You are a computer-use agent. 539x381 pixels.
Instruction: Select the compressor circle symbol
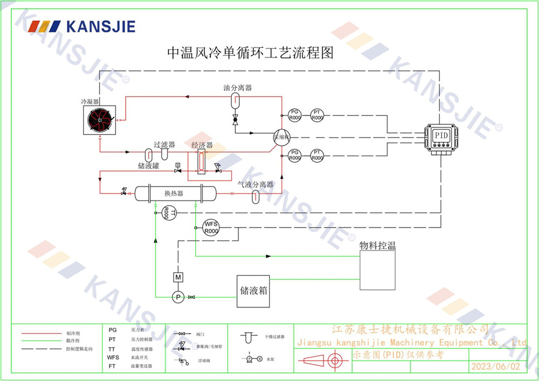click(x=281, y=137)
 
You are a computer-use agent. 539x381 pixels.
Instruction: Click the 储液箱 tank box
click(x=253, y=291)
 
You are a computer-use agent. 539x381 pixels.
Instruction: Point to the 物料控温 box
click(x=377, y=271)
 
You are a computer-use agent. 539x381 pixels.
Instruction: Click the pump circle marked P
click(x=177, y=297)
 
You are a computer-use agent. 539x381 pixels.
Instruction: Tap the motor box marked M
click(x=177, y=278)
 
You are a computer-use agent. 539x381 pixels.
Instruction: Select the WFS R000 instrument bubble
click(x=210, y=228)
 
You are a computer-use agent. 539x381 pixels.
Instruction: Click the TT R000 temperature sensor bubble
click(x=167, y=213)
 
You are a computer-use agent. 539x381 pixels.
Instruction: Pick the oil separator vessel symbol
click(x=236, y=99)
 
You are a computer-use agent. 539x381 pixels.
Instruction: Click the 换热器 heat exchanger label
click(x=174, y=193)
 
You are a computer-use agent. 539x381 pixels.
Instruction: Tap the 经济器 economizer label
click(x=202, y=146)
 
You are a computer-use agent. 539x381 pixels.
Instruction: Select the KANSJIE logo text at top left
click(x=100, y=26)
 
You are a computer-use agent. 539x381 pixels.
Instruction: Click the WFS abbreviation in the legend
click(x=113, y=358)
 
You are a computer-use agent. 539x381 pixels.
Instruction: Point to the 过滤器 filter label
click(x=164, y=144)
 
